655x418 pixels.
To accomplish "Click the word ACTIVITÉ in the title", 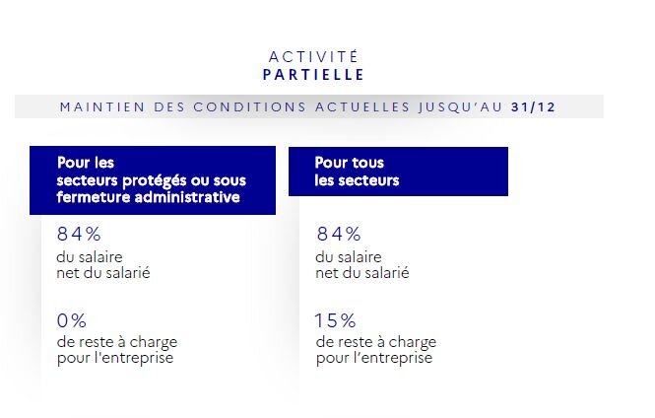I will (x=313, y=56).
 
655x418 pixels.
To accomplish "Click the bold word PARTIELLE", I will (x=313, y=74).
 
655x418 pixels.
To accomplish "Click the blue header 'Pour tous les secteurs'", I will (x=397, y=172).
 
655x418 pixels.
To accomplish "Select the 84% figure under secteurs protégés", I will (x=79, y=235).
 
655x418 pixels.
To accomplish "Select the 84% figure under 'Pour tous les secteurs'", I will (x=339, y=235).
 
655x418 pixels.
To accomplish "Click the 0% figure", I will (x=72, y=320).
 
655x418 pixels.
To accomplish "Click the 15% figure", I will (x=335, y=320).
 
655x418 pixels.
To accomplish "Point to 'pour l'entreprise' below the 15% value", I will (x=373, y=358).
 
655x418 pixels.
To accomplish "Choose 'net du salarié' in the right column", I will (x=361, y=273).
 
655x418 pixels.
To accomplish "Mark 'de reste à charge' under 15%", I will (x=375, y=342).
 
